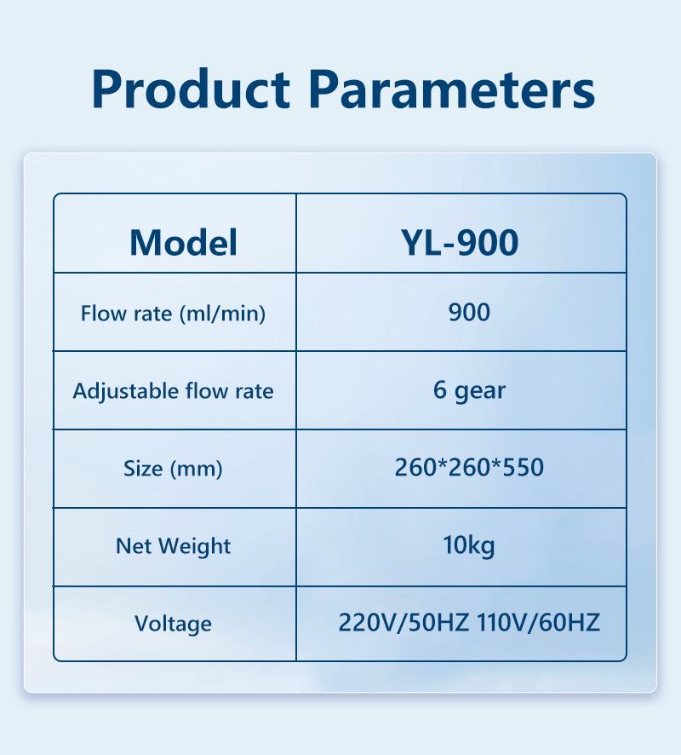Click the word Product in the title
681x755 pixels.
click(x=191, y=89)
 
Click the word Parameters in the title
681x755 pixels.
click(x=452, y=89)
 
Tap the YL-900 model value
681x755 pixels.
click(x=460, y=242)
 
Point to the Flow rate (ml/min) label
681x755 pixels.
click(x=173, y=314)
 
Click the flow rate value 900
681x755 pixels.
click(x=469, y=312)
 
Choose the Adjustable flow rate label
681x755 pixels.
click(x=173, y=391)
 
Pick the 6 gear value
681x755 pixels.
click(x=469, y=390)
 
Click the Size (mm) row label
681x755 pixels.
click(x=173, y=469)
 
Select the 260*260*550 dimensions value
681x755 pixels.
click(x=469, y=467)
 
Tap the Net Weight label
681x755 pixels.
click(x=173, y=546)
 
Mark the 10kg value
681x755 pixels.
click(x=469, y=545)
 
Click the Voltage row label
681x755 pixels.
click(x=173, y=624)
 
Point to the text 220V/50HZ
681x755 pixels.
click(x=403, y=622)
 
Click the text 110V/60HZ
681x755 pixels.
click(x=539, y=622)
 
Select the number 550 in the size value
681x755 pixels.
click(x=524, y=467)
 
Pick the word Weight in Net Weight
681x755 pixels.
click(x=195, y=547)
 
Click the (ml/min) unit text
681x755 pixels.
click(x=223, y=314)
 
